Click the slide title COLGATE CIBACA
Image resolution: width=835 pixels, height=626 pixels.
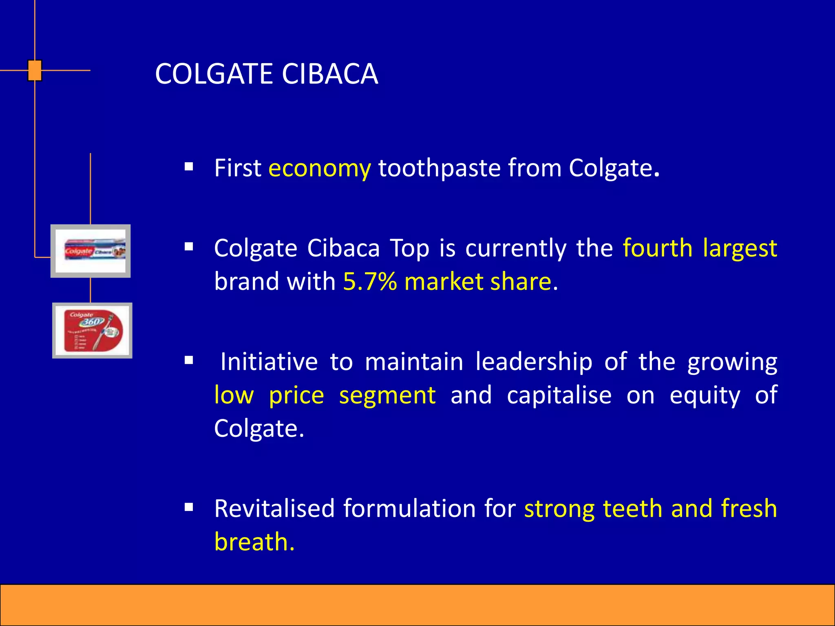(x=267, y=74)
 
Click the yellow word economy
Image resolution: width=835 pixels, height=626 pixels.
(x=320, y=168)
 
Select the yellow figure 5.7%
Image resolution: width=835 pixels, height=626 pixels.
(x=370, y=281)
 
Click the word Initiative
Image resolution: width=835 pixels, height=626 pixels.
(x=269, y=361)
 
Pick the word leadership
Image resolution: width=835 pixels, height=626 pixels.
(x=534, y=361)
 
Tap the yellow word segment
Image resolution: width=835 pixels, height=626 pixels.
(x=387, y=395)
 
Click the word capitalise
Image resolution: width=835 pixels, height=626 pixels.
(x=559, y=395)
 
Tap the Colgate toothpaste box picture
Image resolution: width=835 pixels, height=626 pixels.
(x=91, y=251)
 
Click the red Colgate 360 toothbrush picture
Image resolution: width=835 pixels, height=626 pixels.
(x=93, y=331)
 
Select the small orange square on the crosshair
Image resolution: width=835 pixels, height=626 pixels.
(x=35, y=71)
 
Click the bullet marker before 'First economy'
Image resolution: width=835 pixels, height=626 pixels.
(x=188, y=166)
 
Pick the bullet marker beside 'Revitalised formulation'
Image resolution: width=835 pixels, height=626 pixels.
(x=188, y=507)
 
